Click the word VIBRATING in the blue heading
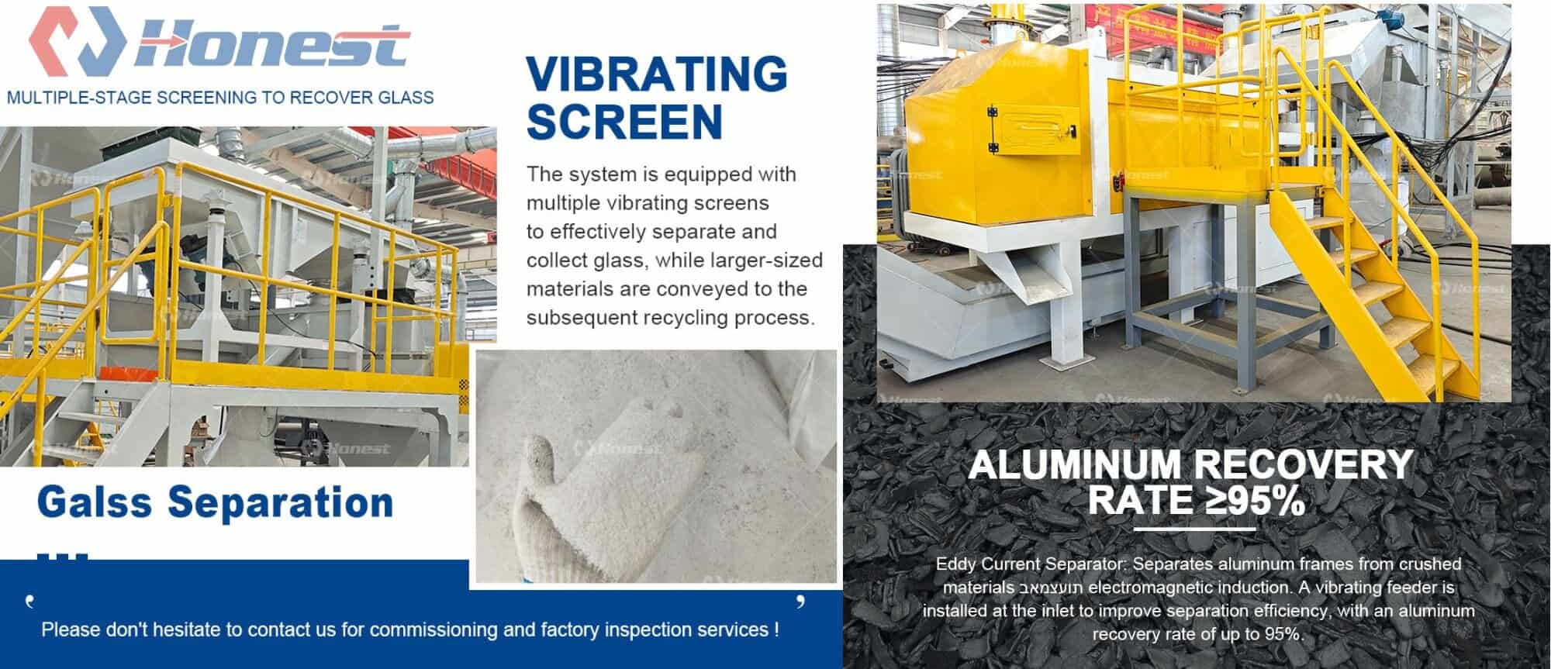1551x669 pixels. click(x=656, y=75)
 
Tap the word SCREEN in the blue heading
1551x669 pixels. click(x=624, y=122)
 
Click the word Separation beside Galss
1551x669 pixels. click(x=281, y=503)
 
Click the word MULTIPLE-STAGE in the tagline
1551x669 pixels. click(x=80, y=98)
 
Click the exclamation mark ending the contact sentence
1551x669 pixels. click(x=776, y=629)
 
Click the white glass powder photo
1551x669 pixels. click(x=655, y=465)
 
